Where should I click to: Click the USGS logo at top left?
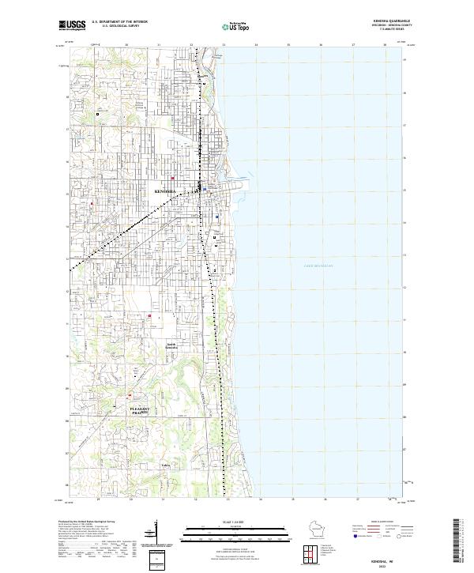(72, 25)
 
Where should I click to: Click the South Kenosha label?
(172, 345)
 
